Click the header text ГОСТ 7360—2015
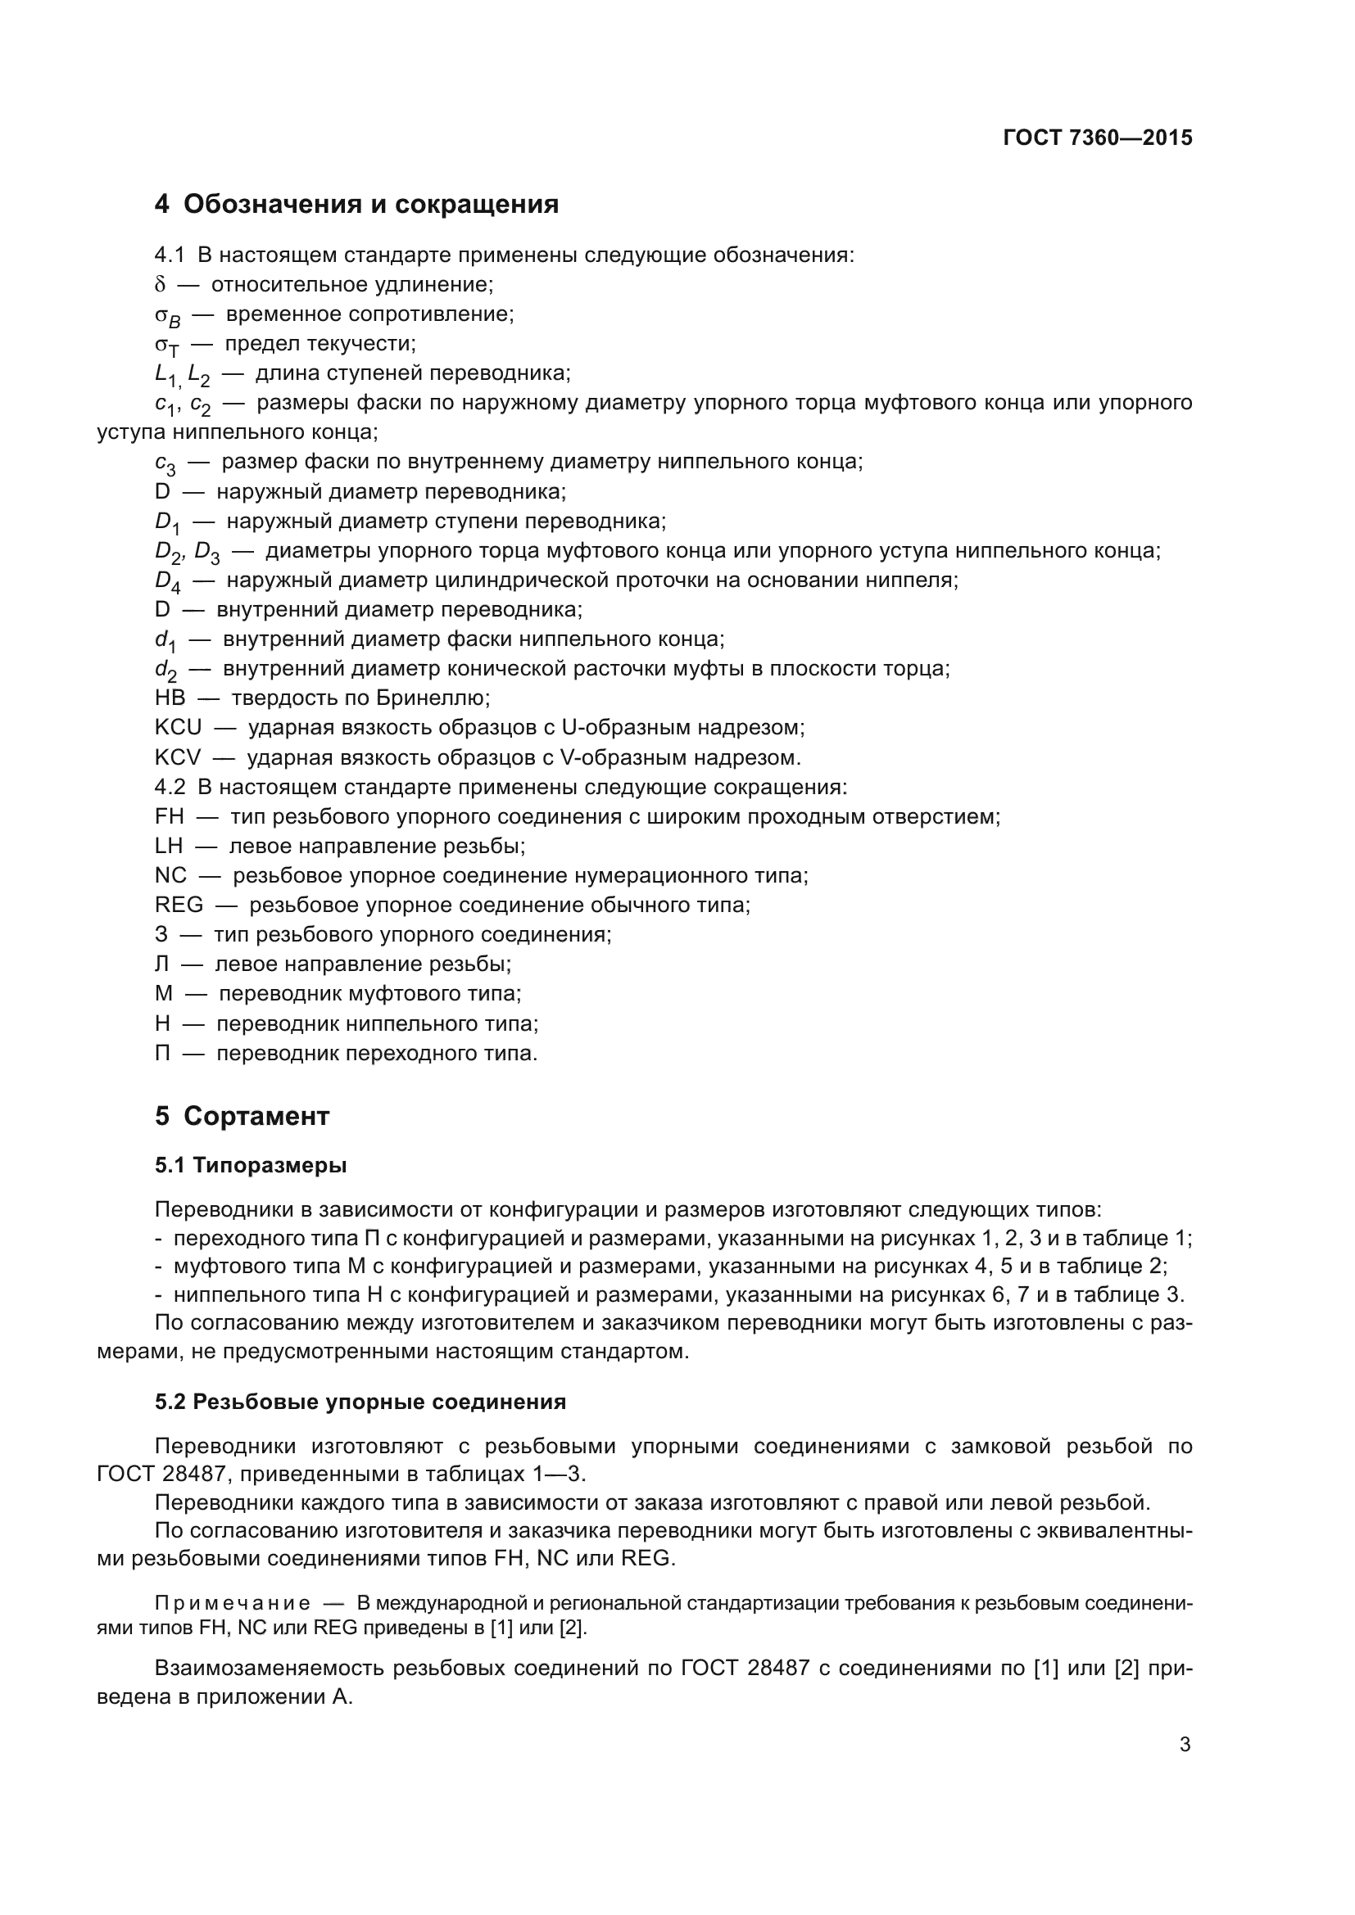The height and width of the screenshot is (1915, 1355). coord(1097,138)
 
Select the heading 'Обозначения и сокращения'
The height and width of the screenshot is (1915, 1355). coord(370,205)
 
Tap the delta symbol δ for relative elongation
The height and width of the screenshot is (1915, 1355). coord(161,285)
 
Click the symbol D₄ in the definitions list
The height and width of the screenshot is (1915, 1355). coord(168,581)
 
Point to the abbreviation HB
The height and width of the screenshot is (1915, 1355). coord(170,698)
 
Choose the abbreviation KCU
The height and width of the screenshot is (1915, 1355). coord(179,727)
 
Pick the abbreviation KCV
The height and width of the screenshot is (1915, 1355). coord(178,757)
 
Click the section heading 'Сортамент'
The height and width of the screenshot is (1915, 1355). coord(256,1116)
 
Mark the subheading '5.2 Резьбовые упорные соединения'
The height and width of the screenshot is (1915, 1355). coord(360,1402)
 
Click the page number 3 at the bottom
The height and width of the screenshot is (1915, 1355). coord(1185,1745)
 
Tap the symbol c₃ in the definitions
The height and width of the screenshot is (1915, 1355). coord(165,463)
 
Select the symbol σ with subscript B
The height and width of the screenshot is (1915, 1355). coord(168,316)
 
